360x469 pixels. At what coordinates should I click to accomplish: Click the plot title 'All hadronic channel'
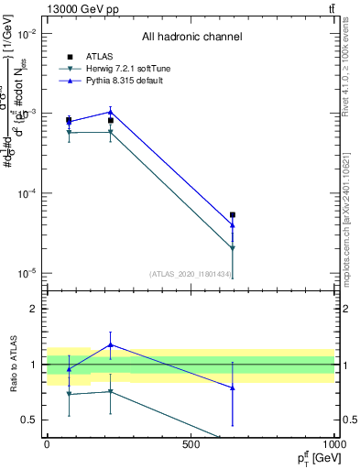tap(191, 37)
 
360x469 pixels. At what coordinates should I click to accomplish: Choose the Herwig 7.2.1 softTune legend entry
tap(123, 69)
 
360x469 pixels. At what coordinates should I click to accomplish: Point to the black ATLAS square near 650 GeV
tap(233, 215)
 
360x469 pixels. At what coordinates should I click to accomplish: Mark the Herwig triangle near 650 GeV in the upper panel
tap(233, 248)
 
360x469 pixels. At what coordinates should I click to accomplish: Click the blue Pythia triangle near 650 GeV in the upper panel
tap(233, 224)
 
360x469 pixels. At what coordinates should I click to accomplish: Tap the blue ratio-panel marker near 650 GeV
tap(233, 387)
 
